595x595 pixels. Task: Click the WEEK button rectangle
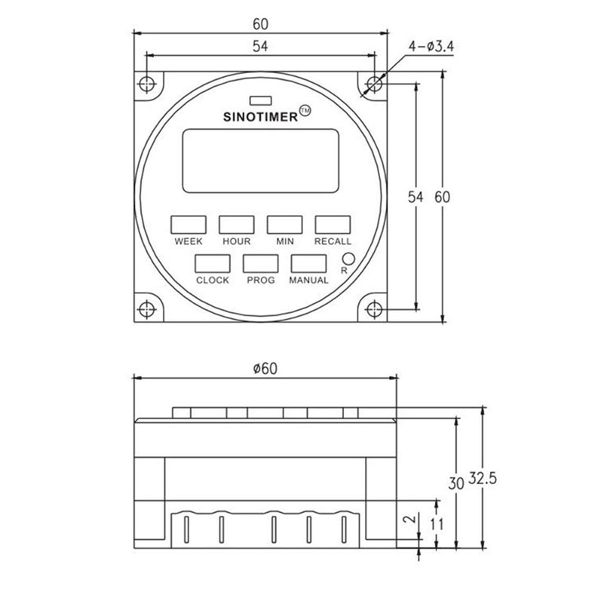(x=189, y=224)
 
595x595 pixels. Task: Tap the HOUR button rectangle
(x=237, y=224)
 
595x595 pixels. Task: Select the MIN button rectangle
(x=284, y=224)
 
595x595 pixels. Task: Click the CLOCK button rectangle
(x=213, y=263)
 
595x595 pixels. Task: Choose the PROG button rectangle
(x=261, y=263)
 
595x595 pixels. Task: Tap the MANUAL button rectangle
(x=309, y=263)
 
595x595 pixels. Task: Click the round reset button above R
(x=348, y=257)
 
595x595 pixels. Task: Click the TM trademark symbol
(x=305, y=110)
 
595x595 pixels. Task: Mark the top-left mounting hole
(x=147, y=83)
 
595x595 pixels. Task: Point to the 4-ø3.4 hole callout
(x=431, y=48)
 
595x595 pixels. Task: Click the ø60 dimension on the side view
(x=264, y=368)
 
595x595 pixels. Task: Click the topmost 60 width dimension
(x=260, y=23)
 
